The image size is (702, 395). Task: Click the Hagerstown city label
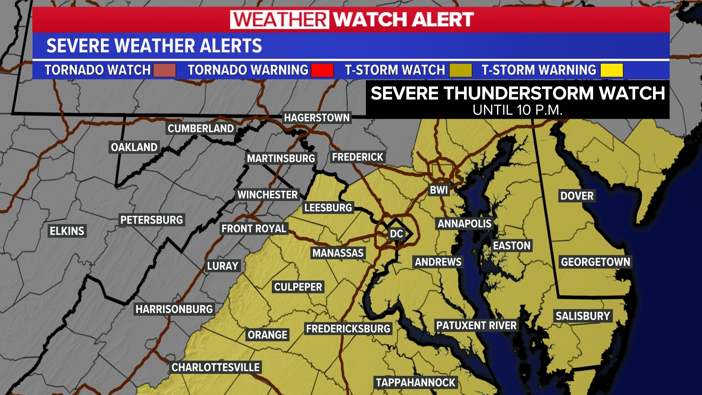tap(317, 118)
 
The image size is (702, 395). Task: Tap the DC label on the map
tap(396, 234)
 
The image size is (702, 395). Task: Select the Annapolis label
tap(464, 223)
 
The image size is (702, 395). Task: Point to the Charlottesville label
tap(215, 367)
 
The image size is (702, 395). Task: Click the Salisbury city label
tap(582, 316)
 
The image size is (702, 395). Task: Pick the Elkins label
tap(67, 231)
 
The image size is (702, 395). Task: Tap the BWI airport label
tap(439, 190)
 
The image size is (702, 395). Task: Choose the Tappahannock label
tap(415, 383)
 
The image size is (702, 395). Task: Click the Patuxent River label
tap(476, 325)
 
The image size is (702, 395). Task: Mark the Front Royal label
tap(254, 229)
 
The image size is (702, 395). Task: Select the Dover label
tap(577, 196)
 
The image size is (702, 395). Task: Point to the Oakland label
tap(134, 147)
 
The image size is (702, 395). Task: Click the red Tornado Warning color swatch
tap(322, 70)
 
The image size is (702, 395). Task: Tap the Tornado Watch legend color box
tap(164, 70)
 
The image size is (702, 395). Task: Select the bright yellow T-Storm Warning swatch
tap(612, 70)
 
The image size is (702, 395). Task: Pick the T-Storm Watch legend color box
tap(460, 70)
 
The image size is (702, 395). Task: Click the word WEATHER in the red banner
tap(280, 19)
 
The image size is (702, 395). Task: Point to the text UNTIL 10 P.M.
tap(517, 110)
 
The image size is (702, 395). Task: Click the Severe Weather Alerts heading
tap(154, 46)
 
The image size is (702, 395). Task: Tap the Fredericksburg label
tap(348, 328)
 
